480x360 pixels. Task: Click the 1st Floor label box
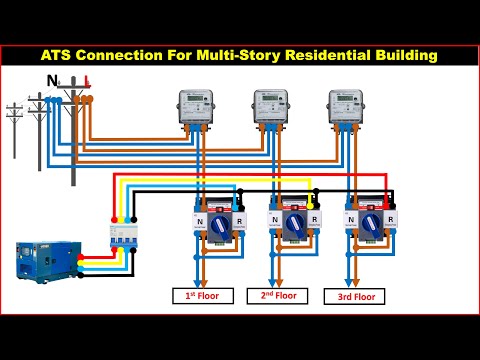(x=203, y=295)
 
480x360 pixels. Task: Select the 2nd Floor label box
(x=279, y=295)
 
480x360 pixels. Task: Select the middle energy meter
(x=271, y=107)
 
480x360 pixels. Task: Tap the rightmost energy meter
(x=347, y=107)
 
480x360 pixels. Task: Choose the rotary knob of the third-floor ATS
(x=371, y=224)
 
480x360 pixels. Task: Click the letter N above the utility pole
(x=52, y=81)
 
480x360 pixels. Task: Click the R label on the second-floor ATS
(x=316, y=217)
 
